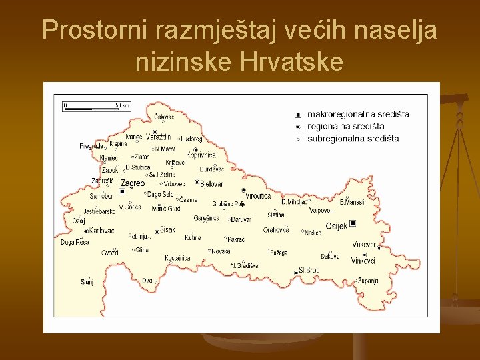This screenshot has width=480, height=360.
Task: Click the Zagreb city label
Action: [x=132, y=183]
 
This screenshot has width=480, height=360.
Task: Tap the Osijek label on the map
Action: [x=336, y=226]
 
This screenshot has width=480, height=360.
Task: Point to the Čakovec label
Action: [x=163, y=117]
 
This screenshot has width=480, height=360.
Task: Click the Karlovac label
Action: [x=101, y=231]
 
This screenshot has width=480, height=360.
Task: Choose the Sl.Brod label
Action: [x=309, y=270]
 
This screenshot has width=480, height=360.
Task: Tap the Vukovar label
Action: [x=364, y=245]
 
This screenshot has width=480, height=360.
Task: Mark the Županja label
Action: [x=367, y=281]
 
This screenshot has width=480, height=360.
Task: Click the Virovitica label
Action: [x=258, y=196]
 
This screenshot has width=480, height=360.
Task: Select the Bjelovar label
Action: [x=211, y=184]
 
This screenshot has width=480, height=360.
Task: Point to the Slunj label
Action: [x=87, y=282]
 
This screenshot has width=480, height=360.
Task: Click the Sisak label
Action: [x=167, y=230]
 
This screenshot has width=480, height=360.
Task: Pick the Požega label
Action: [x=278, y=253]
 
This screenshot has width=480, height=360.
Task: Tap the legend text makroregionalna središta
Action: [x=357, y=114]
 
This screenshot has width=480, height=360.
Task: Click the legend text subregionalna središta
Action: [x=353, y=139]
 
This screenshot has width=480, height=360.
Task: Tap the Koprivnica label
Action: [x=201, y=155]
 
